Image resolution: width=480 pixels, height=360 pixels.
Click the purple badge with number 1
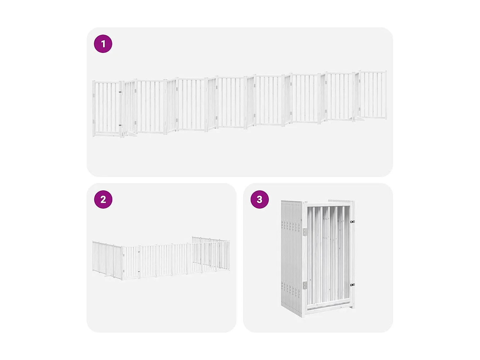(x=103, y=44)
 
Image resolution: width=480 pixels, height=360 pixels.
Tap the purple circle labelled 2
(x=103, y=199)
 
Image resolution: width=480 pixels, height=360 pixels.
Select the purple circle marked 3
(x=260, y=199)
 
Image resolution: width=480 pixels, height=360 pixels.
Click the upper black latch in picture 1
(x=120, y=92)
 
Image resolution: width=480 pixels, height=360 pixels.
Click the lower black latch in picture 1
(x=120, y=125)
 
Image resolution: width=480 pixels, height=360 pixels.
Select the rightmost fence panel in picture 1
(x=373, y=95)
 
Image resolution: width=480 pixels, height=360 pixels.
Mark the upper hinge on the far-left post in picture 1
(x=94, y=95)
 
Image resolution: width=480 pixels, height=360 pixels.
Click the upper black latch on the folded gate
(x=352, y=221)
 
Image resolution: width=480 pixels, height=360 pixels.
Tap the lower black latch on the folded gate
(x=352, y=284)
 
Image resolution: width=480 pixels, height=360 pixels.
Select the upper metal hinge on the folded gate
(x=305, y=232)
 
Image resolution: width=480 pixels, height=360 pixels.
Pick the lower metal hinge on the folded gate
(x=305, y=285)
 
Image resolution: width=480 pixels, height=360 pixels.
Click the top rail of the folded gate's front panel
(x=328, y=204)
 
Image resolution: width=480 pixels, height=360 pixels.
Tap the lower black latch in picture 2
(x=139, y=272)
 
